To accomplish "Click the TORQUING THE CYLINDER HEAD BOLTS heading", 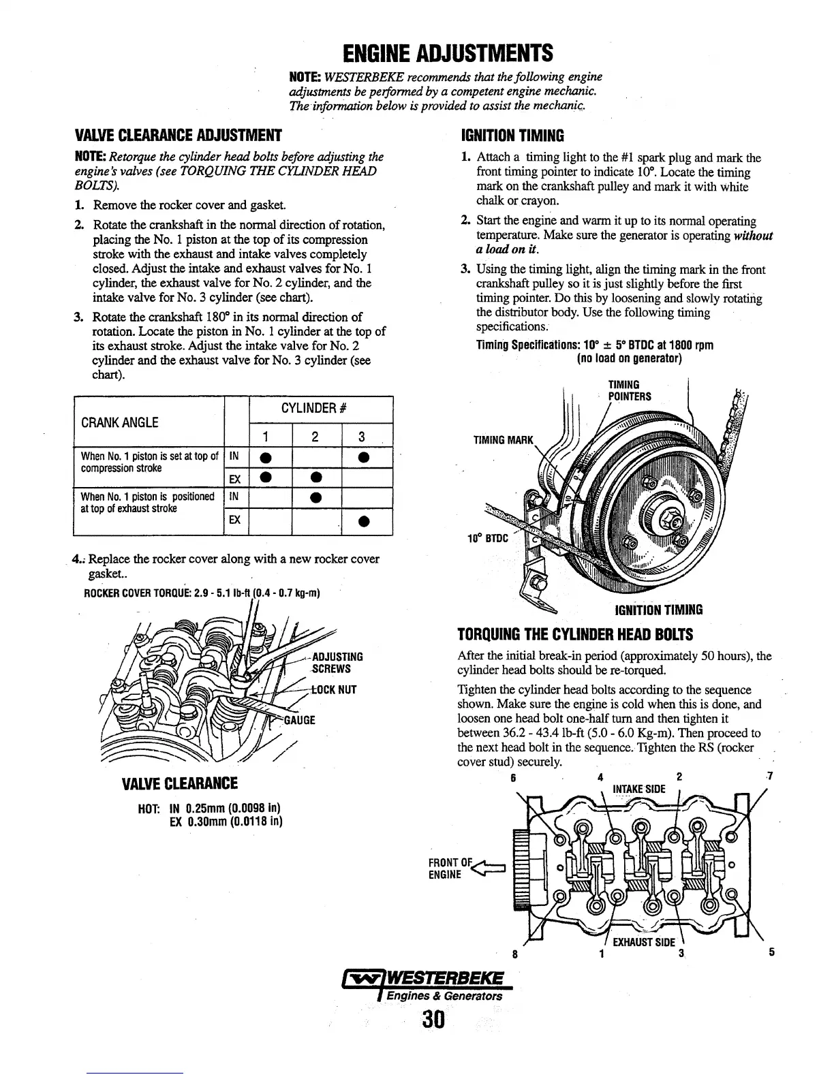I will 576,635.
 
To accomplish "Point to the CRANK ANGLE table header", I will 119,422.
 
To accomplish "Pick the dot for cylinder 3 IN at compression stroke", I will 366,457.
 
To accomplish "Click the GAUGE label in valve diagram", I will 299,720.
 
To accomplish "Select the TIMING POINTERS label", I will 629,391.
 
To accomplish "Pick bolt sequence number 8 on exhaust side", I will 515,953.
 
